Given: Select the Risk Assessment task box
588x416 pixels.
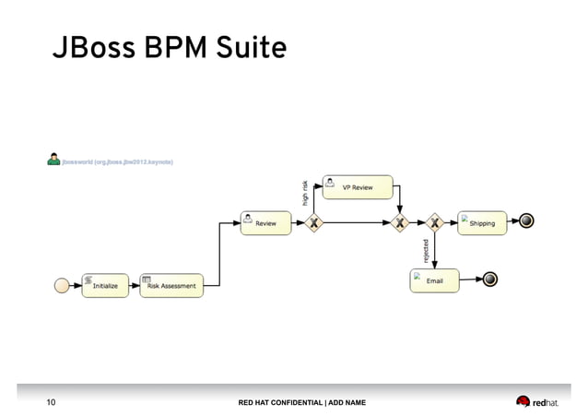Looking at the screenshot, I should click(x=171, y=285).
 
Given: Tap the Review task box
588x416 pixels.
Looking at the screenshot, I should click(x=265, y=222).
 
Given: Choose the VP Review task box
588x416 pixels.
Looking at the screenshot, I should click(x=358, y=187).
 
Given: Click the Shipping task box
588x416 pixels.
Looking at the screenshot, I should click(x=482, y=222).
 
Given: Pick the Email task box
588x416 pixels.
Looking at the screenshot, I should click(x=434, y=280).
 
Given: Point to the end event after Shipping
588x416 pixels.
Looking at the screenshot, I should click(x=526, y=221).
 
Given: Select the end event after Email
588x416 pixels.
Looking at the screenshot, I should click(x=490, y=279).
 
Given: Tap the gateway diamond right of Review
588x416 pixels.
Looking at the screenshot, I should click(x=313, y=222).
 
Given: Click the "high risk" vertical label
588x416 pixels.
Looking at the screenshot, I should click(x=305, y=192).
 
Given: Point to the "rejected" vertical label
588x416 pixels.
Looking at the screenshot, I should click(x=425, y=250).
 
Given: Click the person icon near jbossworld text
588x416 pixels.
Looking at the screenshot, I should click(x=54, y=160).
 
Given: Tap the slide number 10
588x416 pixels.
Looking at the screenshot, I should click(x=52, y=402).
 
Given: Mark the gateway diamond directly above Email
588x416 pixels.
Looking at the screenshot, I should click(x=434, y=222).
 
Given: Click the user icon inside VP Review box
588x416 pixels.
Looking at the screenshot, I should click(x=330, y=181).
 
